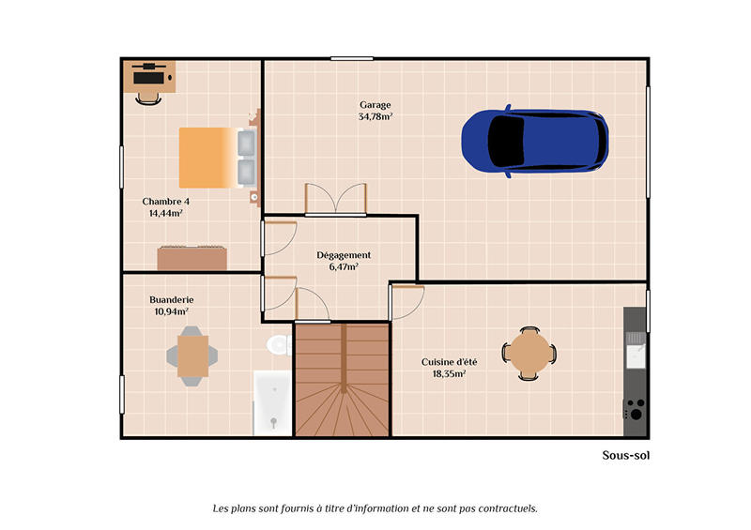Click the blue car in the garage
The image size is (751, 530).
click(x=534, y=142)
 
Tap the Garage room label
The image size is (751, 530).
click(x=375, y=105)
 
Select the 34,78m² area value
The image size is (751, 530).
click(x=375, y=117)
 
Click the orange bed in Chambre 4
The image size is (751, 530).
click(x=208, y=158)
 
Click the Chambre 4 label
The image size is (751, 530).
click(x=166, y=201)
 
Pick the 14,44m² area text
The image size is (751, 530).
click(x=166, y=213)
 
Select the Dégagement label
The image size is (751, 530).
click(x=344, y=255)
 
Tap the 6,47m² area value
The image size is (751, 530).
click(x=344, y=267)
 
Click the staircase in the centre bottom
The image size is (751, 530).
click(x=342, y=380)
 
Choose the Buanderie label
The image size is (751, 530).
click(x=172, y=300)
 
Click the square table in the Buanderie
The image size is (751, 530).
click(x=192, y=356)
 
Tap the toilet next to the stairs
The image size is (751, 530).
click(x=278, y=345)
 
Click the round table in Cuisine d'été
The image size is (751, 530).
click(x=530, y=353)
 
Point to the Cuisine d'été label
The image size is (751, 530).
click(x=449, y=361)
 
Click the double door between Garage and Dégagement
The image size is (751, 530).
click(x=336, y=200)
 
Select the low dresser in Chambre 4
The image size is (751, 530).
click(x=192, y=257)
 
